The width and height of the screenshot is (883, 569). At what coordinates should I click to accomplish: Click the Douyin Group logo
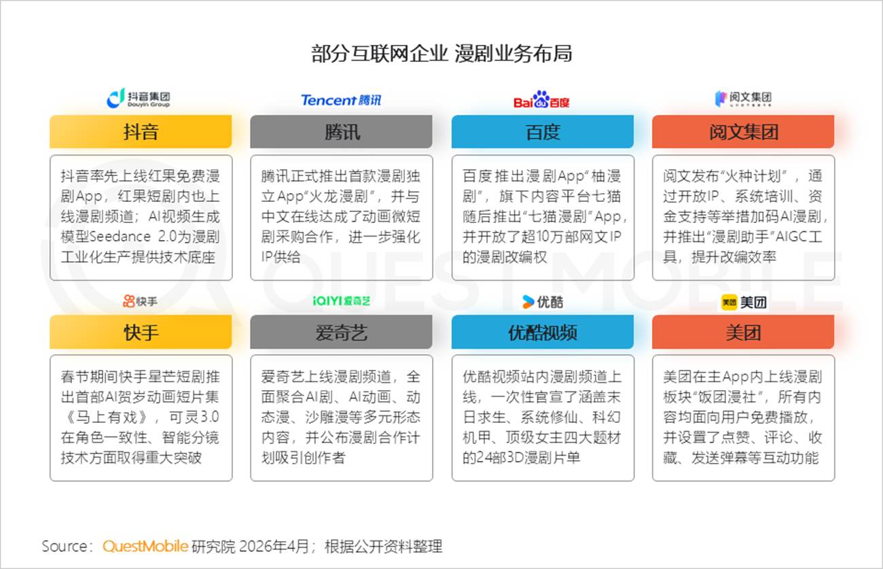click(139, 99)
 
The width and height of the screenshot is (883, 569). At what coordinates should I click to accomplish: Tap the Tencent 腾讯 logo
click(341, 100)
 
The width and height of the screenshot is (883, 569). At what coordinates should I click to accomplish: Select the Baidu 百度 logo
click(541, 100)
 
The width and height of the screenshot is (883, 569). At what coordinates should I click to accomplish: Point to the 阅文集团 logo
click(743, 99)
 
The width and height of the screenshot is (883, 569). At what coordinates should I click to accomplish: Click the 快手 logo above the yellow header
click(141, 301)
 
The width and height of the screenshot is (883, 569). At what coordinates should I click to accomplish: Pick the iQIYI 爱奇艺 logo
click(341, 301)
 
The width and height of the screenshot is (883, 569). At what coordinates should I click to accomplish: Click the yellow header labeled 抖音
click(141, 131)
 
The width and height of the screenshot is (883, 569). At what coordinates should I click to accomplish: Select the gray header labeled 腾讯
click(341, 131)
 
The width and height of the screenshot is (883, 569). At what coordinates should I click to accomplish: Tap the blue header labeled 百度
click(542, 131)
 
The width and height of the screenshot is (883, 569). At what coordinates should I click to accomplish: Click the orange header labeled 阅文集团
click(743, 131)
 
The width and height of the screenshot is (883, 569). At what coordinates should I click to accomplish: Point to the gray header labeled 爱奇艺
click(341, 332)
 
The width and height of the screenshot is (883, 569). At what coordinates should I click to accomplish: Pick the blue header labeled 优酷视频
click(542, 332)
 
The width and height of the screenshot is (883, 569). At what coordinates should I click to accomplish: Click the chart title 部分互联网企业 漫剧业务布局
click(441, 54)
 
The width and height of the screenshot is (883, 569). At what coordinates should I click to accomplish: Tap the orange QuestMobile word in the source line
click(145, 546)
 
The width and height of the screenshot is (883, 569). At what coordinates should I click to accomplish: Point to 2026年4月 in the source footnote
click(273, 546)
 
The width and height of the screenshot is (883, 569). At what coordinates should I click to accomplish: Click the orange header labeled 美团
click(743, 332)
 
